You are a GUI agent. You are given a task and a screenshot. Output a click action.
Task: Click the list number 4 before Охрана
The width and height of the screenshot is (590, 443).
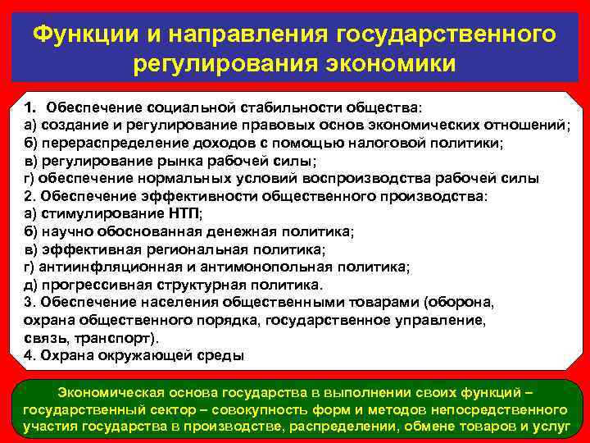coord(29,356)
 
